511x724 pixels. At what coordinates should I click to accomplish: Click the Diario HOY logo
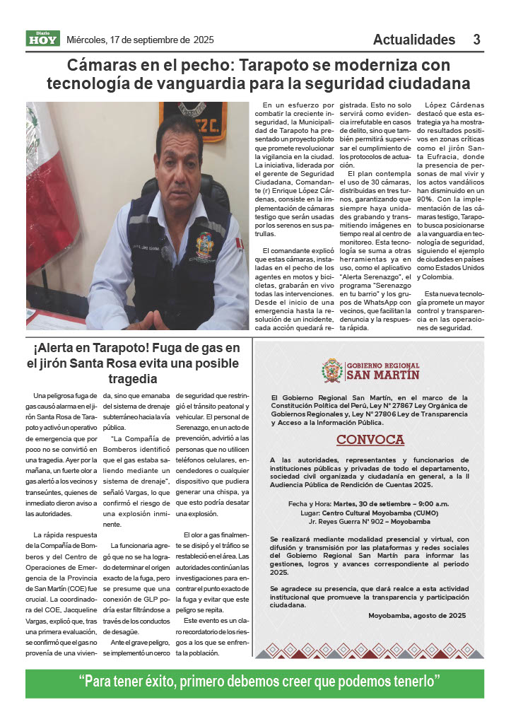pyautogui.click(x=43, y=39)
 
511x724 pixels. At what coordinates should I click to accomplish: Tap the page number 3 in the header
pyautogui.click(x=477, y=40)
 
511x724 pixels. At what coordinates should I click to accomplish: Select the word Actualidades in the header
pyautogui.click(x=414, y=40)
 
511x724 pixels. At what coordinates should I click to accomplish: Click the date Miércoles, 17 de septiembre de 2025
pyautogui.click(x=140, y=40)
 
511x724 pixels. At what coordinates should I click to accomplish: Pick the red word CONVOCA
pyautogui.click(x=370, y=440)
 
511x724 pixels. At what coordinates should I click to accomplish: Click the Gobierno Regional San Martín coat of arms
pyautogui.click(x=331, y=370)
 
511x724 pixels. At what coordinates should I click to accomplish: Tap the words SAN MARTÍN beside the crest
pyautogui.click(x=382, y=375)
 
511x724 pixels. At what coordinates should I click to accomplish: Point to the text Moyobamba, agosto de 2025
pyautogui.click(x=417, y=615)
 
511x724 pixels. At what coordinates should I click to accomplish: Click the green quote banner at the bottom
pyautogui.click(x=255, y=683)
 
